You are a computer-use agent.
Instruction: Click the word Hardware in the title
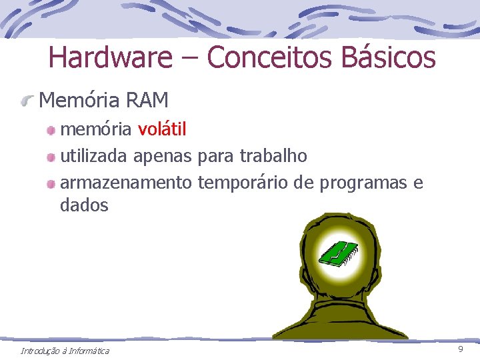[x=110, y=57]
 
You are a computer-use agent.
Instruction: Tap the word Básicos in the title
[x=387, y=57]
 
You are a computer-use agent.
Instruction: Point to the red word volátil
[x=162, y=129]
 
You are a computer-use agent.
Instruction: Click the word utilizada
[x=94, y=156]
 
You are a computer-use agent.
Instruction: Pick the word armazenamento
[x=126, y=183]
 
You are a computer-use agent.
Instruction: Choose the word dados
[x=84, y=205]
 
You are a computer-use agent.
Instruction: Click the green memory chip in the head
[x=339, y=253]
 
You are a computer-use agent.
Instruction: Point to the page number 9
[x=460, y=350]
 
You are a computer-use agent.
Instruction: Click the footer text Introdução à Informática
[x=65, y=351]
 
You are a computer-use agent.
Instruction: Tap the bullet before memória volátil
[x=51, y=129]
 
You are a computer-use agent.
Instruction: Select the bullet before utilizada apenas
[x=51, y=157]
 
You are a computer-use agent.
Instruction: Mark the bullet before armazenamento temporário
[x=51, y=183]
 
